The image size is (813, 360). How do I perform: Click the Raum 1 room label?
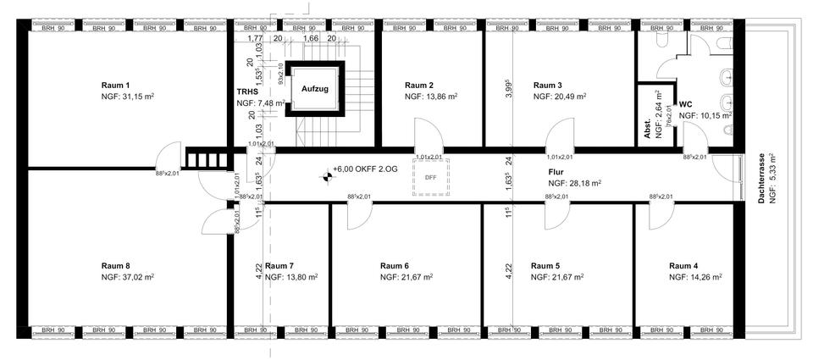point(115,86)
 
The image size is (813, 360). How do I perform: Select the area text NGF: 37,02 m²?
point(127,277)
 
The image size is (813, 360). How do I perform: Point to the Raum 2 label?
point(419,86)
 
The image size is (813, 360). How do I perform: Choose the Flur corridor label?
point(556,171)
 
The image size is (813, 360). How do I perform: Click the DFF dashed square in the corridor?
point(430,177)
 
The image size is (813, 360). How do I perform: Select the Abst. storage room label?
point(648,126)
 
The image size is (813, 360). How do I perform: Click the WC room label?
point(686,103)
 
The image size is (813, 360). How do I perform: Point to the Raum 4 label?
point(683,265)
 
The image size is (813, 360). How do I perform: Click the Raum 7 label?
point(279,265)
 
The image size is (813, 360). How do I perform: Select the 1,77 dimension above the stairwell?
point(253,38)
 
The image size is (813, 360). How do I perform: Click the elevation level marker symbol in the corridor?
point(324,177)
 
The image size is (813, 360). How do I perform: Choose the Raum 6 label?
point(395,265)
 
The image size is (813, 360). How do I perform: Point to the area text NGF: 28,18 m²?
point(574,183)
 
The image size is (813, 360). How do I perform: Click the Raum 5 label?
point(545,265)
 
